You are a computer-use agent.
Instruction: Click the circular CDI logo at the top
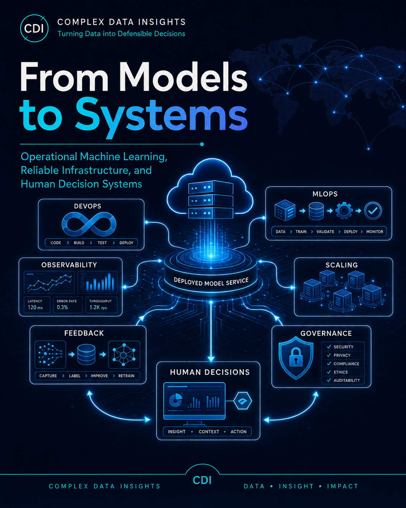[x=34, y=28]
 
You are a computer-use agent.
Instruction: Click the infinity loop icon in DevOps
[x=89, y=224]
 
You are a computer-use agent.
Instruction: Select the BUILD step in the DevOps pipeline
[x=79, y=243]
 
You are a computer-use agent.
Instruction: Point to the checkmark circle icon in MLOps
[x=373, y=211]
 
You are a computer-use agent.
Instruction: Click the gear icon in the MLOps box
[x=344, y=211]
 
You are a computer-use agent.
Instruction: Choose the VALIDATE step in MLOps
[x=325, y=232]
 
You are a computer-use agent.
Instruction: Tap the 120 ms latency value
[x=35, y=307]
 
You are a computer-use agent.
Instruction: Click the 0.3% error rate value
[x=62, y=307]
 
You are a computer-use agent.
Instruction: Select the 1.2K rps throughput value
[x=98, y=307]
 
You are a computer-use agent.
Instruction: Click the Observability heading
[x=69, y=265]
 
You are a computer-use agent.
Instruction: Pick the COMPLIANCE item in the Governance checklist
[x=346, y=364]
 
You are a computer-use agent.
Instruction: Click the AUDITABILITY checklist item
[x=347, y=380]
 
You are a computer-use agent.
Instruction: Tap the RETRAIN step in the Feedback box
[x=126, y=376]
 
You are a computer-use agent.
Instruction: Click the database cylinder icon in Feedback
[x=86, y=355]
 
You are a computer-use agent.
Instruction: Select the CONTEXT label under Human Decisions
[x=209, y=432]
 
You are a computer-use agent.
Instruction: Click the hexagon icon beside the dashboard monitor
[x=242, y=401]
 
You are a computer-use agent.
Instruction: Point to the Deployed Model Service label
[x=211, y=282]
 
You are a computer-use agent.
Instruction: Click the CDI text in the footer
[x=202, y=480]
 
